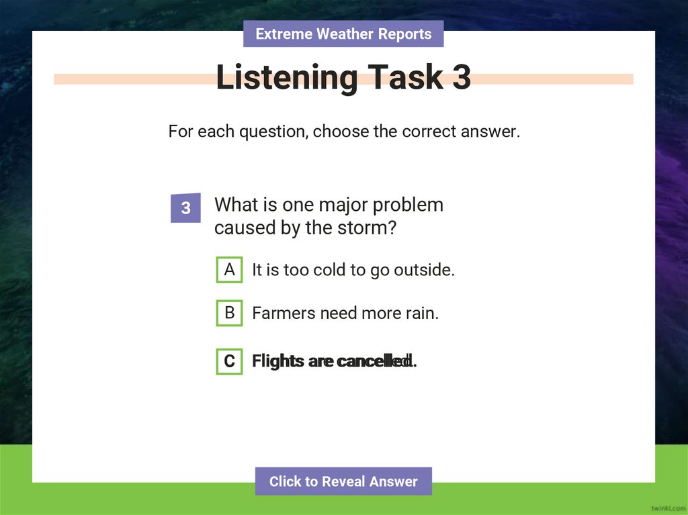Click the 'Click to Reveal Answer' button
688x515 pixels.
[x=343, y=481]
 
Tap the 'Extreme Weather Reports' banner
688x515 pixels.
[x=343, y=34]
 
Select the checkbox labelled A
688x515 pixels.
[x=229, y=270]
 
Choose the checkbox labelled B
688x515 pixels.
[x=229, y=313]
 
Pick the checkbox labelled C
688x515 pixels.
[x=229, y=361]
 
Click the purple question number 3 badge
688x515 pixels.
[x=185, y=208]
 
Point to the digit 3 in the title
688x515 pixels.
[x=462, y=78]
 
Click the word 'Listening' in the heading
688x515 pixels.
[x=287, y=78]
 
